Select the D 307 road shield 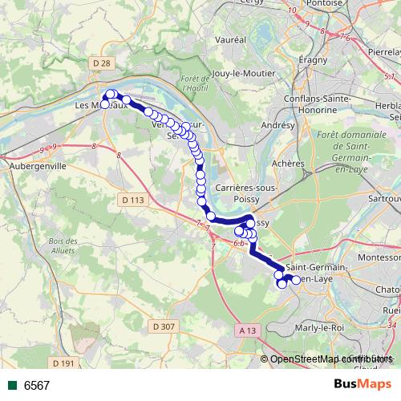[163, 326]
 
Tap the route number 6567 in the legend [37, 385]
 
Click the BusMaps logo [363, 384]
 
